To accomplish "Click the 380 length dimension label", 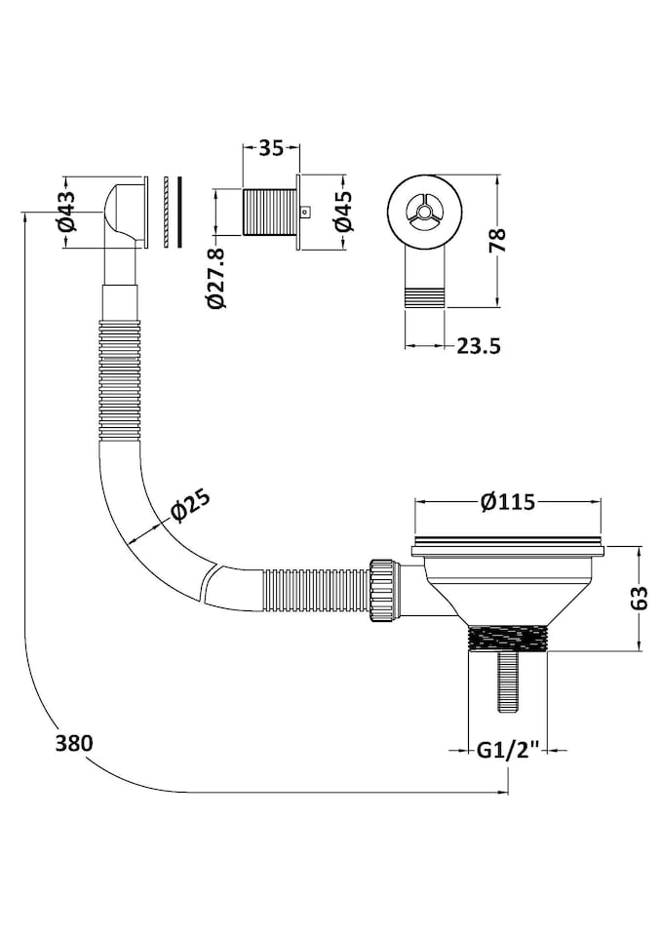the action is click(75, 743).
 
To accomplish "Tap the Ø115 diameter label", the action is click(508, 502).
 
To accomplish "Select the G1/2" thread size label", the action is click(508, 749).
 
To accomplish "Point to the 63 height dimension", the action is click(639, 598).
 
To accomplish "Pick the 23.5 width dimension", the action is click(479, 345).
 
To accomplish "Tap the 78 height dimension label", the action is click(498, 241).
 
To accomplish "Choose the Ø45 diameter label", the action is click(344, 212).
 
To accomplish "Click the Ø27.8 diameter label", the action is click(217, 279).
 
